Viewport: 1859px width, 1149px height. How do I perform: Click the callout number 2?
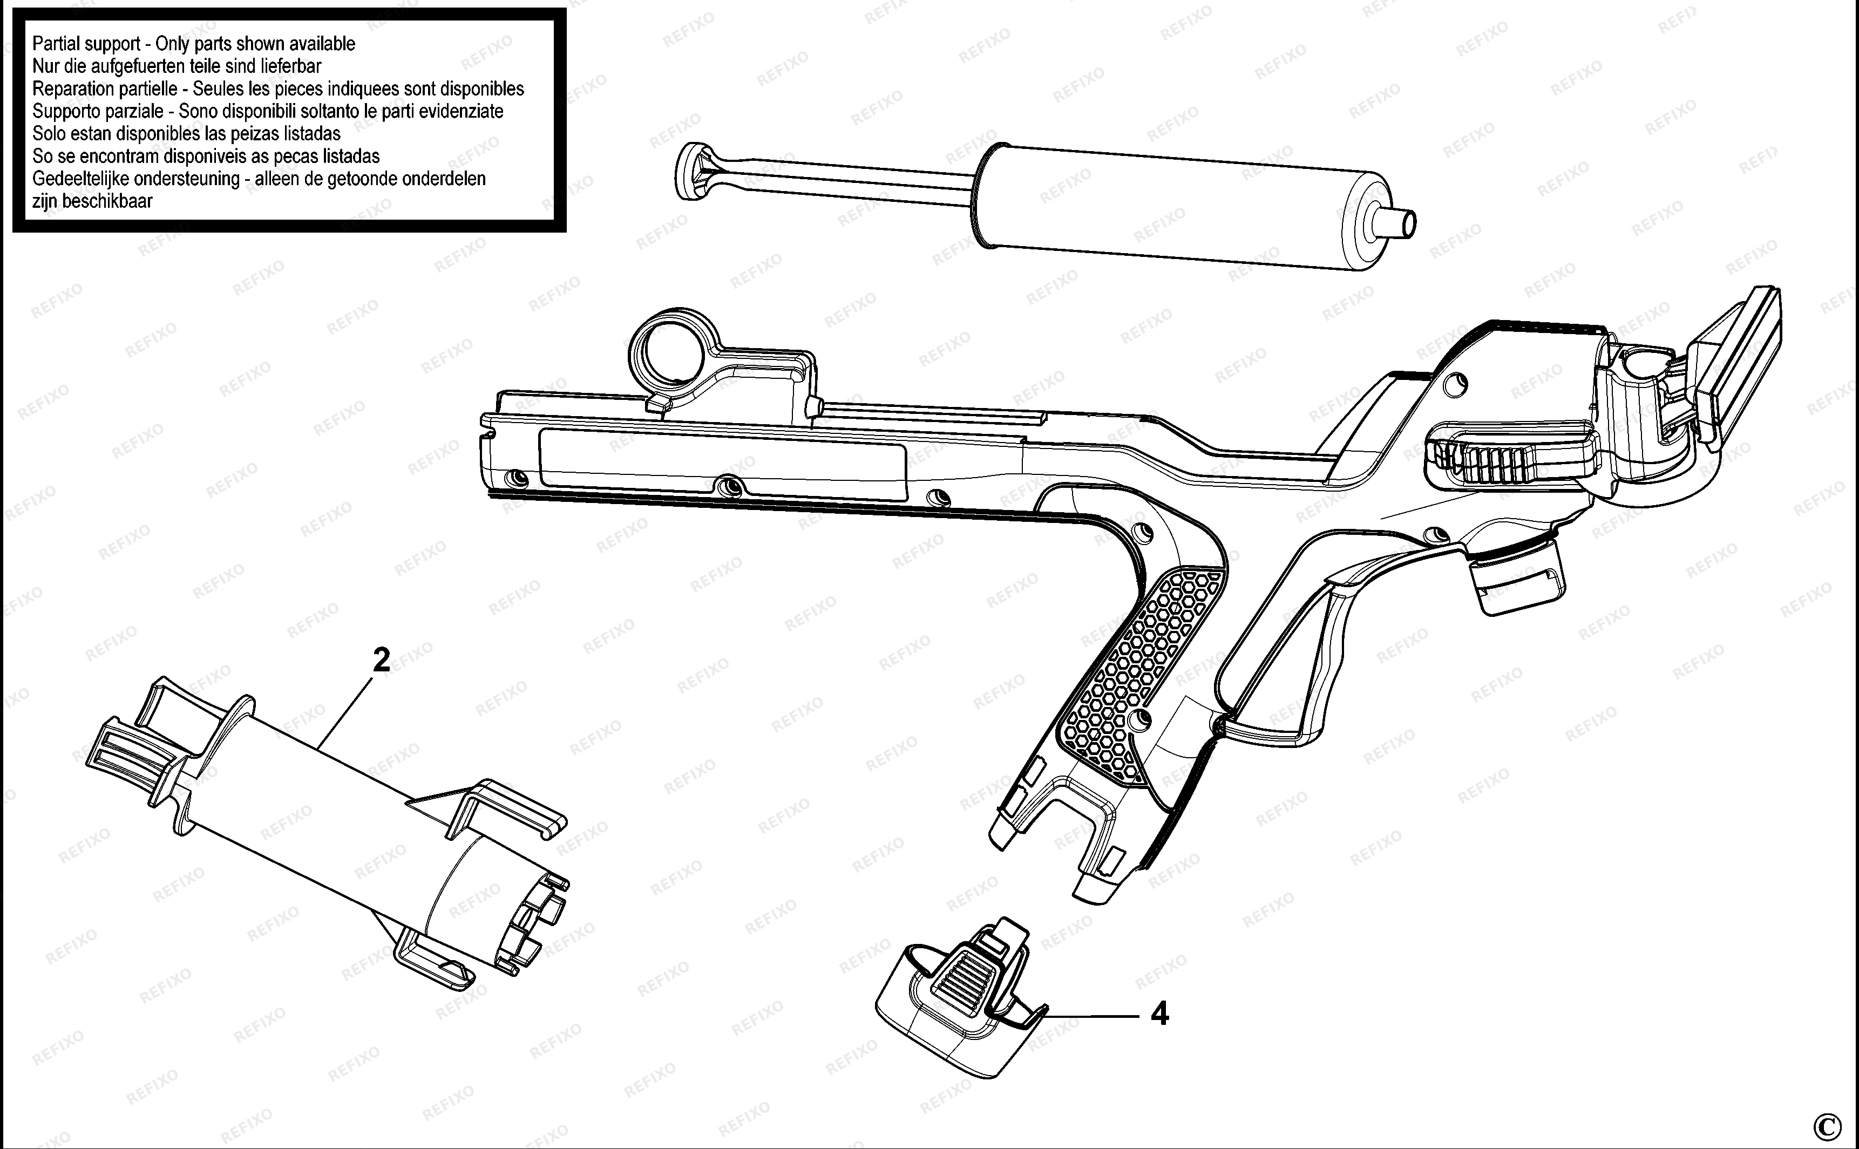pyautogui.click(x=382, y=660)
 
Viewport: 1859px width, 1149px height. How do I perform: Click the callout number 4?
pyautogui.click(x=1159, y=1013)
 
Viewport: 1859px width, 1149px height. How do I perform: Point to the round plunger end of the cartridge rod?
pyautogui.click(x=688, y=171)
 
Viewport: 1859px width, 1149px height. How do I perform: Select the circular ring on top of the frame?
pyautogui.click(x=668, y=350)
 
